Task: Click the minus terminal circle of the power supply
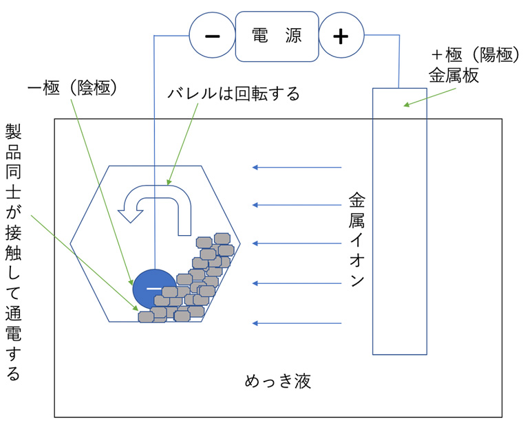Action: click(x=212, y=35)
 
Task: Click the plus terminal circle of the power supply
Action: click(x=341, y=35)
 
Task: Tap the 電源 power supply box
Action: click(x=277, y=36)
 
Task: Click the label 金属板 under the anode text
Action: click(x=453, y=76)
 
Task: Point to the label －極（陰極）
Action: click(x=72, y=88)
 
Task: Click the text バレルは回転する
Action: click(x=233, y=93)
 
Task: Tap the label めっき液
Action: click(x=278, y=381)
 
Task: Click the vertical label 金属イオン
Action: click(x=356, y=239)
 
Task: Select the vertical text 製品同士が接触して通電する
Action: click(x=13, y=252)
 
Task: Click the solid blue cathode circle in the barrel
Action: click(x=154, y=289)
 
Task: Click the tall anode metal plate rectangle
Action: click(x=400, y=221)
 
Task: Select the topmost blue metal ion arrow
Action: click(x=297, y=167)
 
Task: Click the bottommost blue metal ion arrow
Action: click(x=297, y=323)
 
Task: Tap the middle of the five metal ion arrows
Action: click(x=297, y=243)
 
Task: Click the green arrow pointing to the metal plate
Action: click(x=429, y=98)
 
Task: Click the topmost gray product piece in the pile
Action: click(x=222, y=239)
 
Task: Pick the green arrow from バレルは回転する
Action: click(x=182, y=144)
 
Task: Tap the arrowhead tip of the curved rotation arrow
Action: click(x=131, y=223)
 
